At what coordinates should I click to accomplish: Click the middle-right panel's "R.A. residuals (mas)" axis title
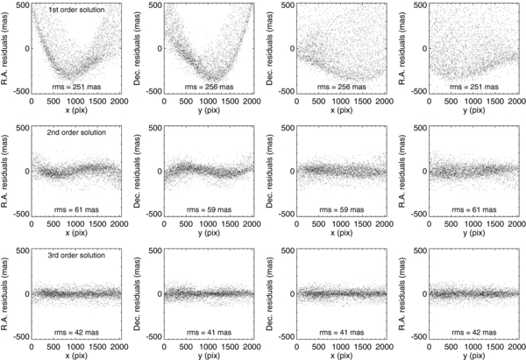403,171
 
